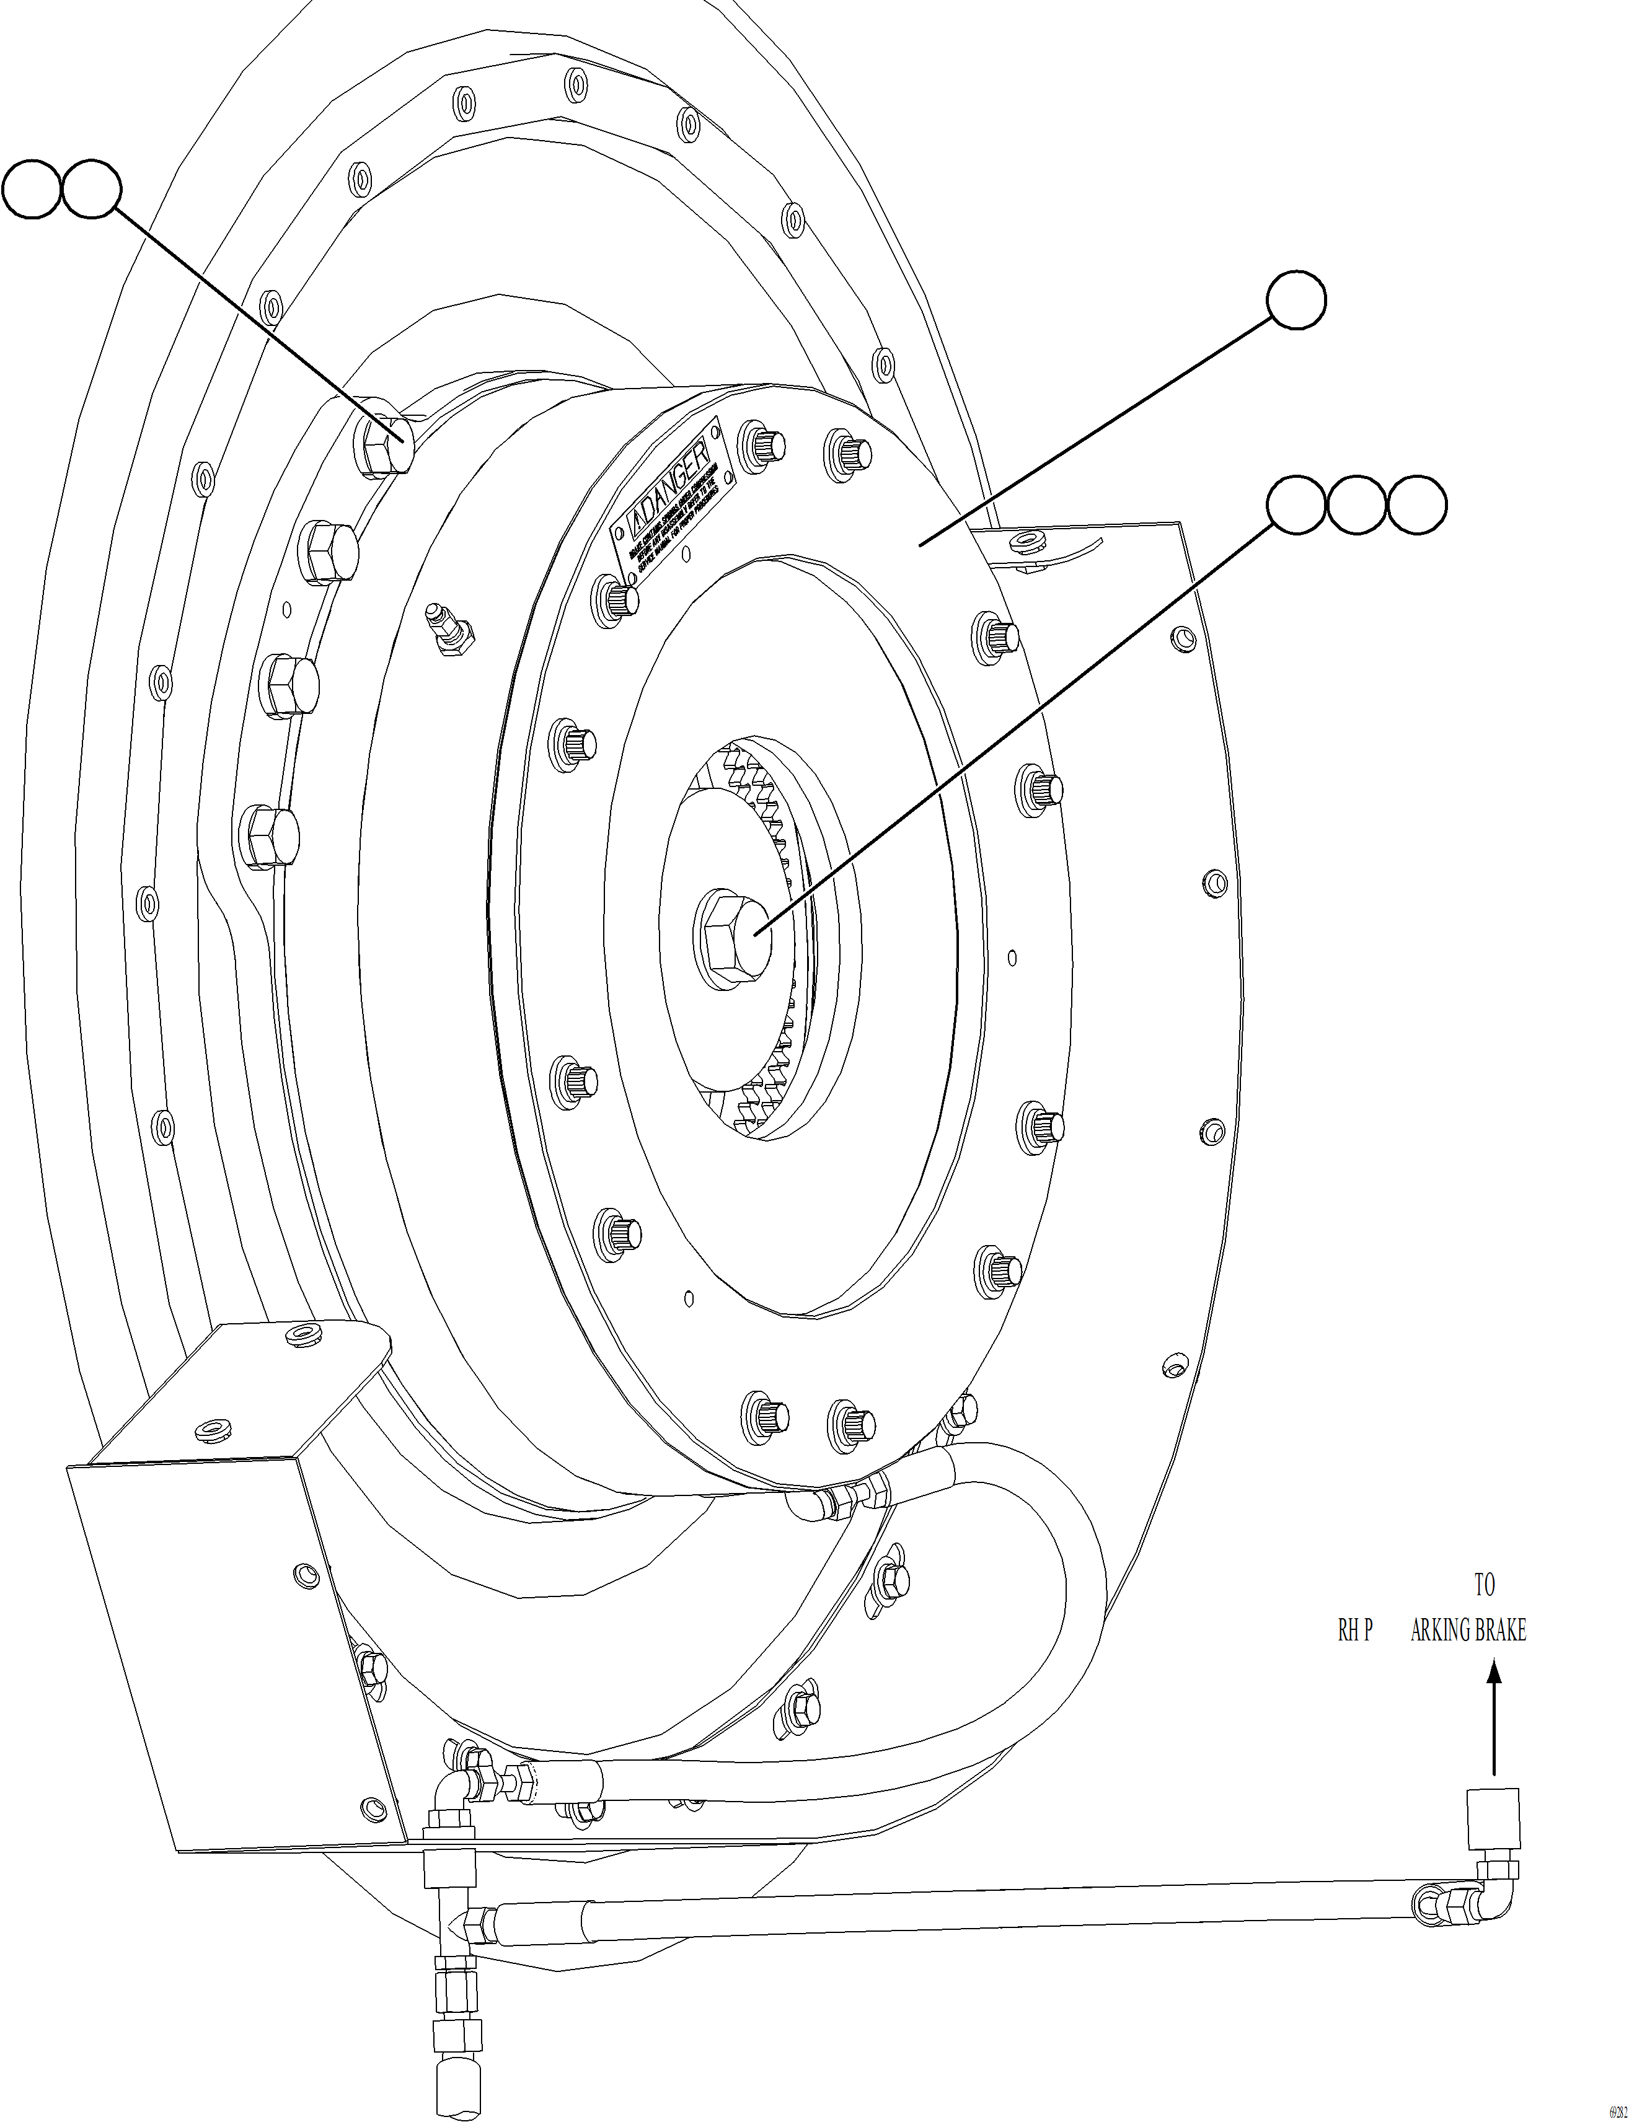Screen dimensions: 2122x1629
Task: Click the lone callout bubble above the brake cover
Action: pos(1296,301)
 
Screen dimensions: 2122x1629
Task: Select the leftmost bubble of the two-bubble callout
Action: pos(32,190)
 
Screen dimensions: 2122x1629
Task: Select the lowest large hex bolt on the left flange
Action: pos(268,834)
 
